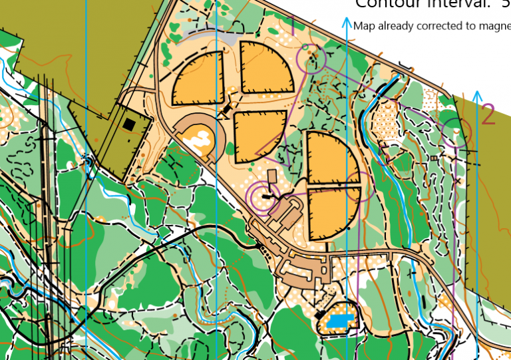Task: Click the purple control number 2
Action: [x=488, y=114]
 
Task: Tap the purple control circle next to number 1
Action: [x=312, y=59]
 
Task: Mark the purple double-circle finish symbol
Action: [x=263, y=196]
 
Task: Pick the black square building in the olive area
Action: [x=129, y=124]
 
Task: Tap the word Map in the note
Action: [x=363, y=26]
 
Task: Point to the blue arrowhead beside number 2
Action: [x=477, y=95]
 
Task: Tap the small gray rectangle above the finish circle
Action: [x=271, y=176]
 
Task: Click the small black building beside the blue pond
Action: [x=321, y=313]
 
